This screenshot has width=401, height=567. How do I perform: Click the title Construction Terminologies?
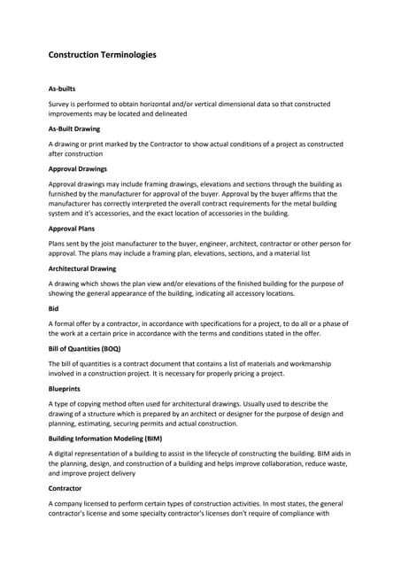coord(102,55)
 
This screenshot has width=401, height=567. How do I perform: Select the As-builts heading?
coord(64,89)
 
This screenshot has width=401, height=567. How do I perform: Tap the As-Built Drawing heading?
coord(73,128)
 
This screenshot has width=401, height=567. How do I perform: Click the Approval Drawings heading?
coord(77,167)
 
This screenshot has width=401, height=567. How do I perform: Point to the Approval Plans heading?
coord(71,228)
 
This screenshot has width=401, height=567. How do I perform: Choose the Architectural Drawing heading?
coord(82,268)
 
